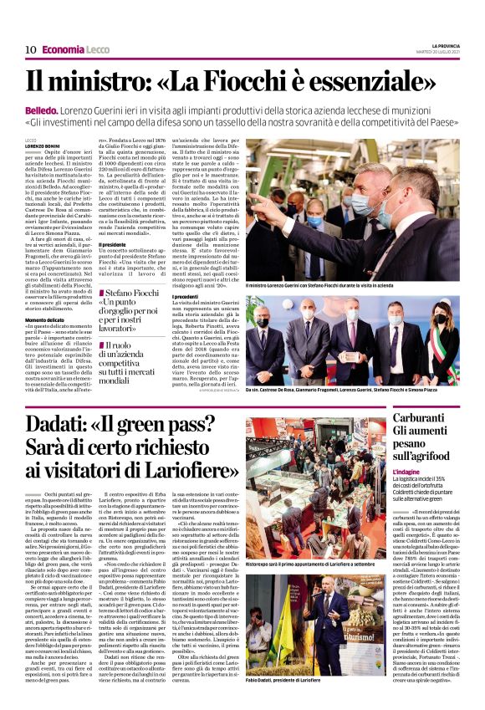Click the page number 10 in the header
pyautogui.click(x=29, y=50)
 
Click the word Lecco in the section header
pyautogui.click(x=98, y=50)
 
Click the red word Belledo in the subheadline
pyautogui.click(x=41, y=110)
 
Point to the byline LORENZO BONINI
pyautogui.click(x=42, y=146)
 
